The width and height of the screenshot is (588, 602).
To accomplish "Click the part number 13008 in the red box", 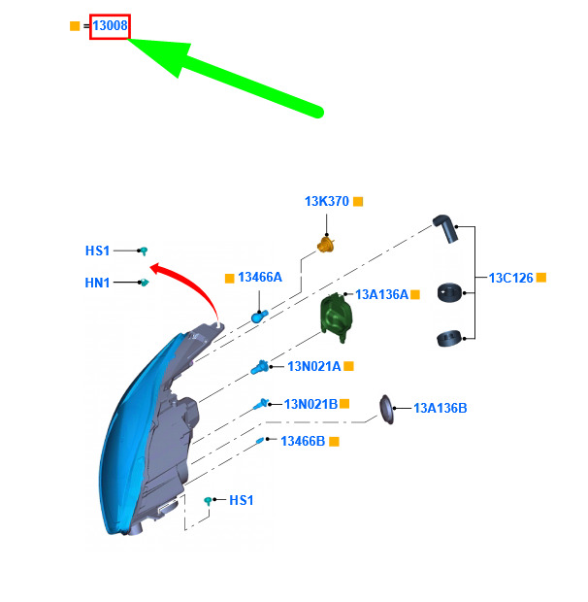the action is tap(110, 25).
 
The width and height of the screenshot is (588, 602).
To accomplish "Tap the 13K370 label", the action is tap(327, 201).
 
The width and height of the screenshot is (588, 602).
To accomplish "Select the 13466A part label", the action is tap(260, 277).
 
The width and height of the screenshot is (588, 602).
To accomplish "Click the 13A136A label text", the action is tap(381, 294).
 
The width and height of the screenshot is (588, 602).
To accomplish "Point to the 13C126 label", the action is tap(511, 278).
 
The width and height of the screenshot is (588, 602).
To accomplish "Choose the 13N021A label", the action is tap(314, 366).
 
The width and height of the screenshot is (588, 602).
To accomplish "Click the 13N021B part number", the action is tap(310, 404).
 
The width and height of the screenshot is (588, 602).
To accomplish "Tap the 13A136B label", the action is tap(441, 408).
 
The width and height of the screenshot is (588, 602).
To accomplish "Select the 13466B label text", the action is tap(303, 441).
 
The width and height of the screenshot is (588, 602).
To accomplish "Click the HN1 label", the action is tap(97, 283).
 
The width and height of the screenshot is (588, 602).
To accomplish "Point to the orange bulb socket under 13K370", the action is tap(326, 245).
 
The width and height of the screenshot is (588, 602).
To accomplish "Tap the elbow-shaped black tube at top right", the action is tap(445, 228).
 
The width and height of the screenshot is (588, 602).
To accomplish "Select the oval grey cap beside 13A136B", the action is tap(386, 410).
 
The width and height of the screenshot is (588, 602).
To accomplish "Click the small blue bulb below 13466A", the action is tap(259, 317).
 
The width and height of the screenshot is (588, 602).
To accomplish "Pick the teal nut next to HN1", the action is tap(145, 283).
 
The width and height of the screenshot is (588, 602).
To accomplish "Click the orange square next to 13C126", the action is tap(541, 277).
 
